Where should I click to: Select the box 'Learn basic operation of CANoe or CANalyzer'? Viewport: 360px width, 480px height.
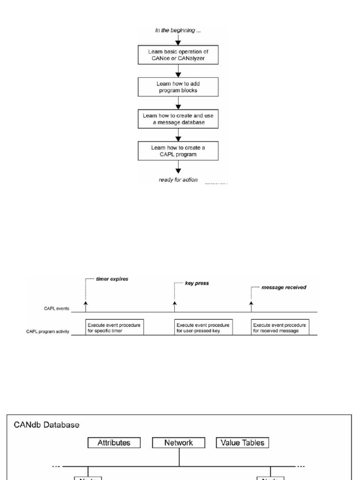coord(178,55)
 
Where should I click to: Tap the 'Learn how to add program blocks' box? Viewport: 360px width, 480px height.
coord(178,87)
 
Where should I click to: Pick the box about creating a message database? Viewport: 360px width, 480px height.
coord(178,119)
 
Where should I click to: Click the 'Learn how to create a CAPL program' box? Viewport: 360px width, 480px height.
coord(178,150)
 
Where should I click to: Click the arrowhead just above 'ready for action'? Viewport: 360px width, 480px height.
coord(178,171)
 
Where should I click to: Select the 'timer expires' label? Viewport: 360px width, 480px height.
coord(112,278)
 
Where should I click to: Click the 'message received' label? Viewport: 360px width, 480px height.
coord(284,287)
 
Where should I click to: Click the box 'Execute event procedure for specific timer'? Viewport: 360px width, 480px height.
coord(114,327)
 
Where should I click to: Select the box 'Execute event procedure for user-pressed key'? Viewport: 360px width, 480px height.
coord(203,327)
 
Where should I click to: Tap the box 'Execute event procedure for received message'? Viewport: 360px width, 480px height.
coord(279,327)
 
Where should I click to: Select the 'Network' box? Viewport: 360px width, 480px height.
coord(179,442)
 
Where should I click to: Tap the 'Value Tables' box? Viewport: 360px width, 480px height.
coord(242,442)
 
